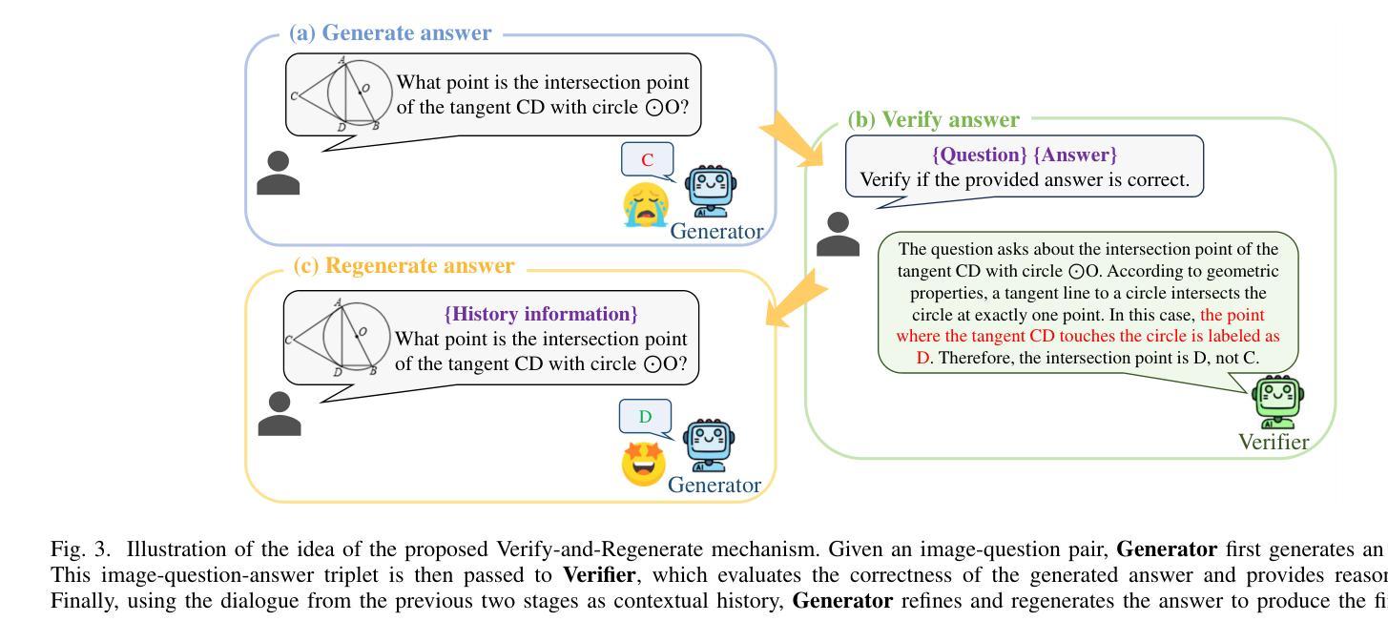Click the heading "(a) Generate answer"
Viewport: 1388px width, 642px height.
pyautogui.click(x=390, y=33)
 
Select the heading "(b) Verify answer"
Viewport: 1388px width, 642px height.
pyautogui.click(x=933, y=120)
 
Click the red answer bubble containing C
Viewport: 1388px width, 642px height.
pyautogui.click(x=648, y=159)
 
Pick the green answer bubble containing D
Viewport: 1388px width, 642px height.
pyautogui.click(x=646, y=416)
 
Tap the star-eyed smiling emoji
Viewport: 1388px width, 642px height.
pyautogui.click(x=643, y=464)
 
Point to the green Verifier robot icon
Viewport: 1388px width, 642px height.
pyautogui.click(x=1277, y=403)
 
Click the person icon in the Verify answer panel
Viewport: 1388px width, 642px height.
pyautogui.click(x=839, y=235)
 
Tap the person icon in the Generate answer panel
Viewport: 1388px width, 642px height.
pyautogui.click(x=279, y=174)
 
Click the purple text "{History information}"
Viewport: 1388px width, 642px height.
pyautogui.click(x=541, y=314)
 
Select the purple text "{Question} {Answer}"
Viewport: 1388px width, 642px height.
pyautogui.click(x=1024, y=155)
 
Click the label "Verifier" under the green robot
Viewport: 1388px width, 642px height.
pyautogui.click(x=1274, y=442)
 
